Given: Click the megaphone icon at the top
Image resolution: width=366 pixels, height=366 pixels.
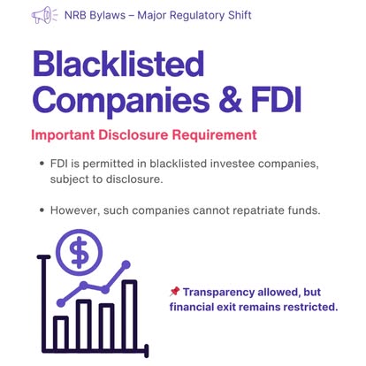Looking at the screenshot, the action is tap(44, 15).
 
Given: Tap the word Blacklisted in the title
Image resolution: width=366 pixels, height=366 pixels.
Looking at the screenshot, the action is tap(118, 64).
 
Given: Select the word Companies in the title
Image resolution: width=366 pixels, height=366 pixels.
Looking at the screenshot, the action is tap(121, 100).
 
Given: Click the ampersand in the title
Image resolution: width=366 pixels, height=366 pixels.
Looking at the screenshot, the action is tap(230, 100).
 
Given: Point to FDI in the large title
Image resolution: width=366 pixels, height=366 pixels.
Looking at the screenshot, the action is tap(277, 100).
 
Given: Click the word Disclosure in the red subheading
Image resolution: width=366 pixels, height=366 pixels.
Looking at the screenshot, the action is tap(133, 135).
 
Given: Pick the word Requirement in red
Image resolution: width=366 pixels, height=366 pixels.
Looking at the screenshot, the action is tap(214, 135).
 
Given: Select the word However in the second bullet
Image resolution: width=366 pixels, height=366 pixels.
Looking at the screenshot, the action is tap(75, 210).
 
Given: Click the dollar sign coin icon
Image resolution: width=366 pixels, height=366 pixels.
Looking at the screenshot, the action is tap(79, 252).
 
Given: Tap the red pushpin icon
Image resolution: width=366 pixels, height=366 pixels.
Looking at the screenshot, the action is tap(174, 292).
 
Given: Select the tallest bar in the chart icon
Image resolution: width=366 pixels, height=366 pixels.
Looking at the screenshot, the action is tap(130, 316).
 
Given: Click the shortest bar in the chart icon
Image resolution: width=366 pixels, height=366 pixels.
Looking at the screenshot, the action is tap(61, 333).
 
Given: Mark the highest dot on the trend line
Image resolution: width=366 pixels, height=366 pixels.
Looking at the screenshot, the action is tap(126, 264).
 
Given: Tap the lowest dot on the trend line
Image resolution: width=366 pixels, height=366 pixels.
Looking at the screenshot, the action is tap(61, 302).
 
